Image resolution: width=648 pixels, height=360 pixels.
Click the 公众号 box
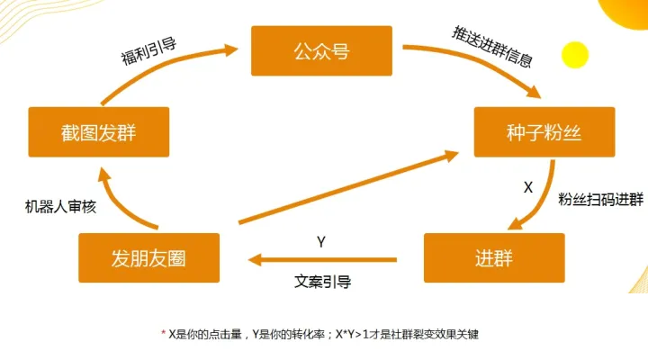tap(321, 50)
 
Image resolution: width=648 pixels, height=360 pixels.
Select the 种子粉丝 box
tap(544, 132)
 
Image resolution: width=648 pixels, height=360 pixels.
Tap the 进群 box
tap(494, 258)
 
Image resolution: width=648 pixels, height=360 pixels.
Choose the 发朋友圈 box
tap(148, 258)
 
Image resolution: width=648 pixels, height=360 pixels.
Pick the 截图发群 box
tap(99, 132)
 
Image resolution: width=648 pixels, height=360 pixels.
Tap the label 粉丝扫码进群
tap(600, 200)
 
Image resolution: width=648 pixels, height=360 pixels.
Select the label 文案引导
tap(323, 282)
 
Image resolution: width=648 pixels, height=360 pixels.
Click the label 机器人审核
tap(60, 205)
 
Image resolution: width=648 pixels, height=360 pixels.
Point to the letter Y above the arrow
tap(321, 242)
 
